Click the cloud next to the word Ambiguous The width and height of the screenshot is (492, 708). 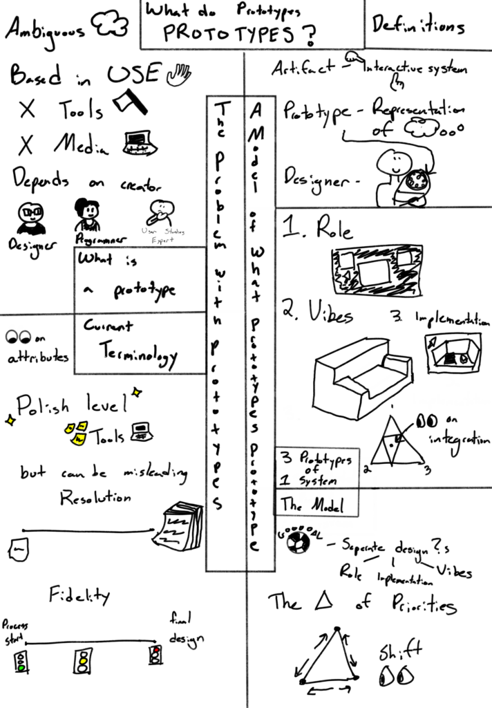(x=113, y=26)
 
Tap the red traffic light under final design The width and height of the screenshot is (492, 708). (x=155, y=654)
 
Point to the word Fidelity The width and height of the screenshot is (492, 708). (x=79, y=594)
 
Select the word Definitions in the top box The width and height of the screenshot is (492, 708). (x=418, y=27)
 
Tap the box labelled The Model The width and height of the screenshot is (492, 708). (x=318, y=504)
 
